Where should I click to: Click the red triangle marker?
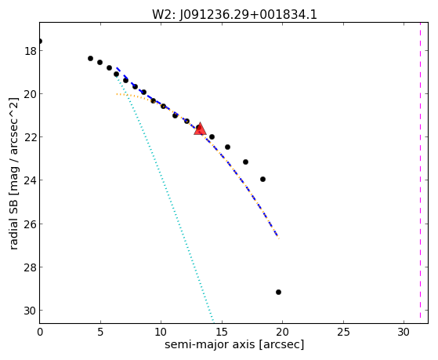click(x=200, y=129)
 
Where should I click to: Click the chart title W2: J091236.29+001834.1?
click(x=234, y=15)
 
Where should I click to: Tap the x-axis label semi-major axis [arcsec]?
click(x=234, y=344)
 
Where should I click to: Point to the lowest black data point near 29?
click(x=278, y=292)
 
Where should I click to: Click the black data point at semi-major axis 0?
click(x=40, y=41)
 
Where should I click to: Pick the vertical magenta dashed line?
click(x=420, y=170)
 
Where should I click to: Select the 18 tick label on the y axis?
click(x=30, y=51)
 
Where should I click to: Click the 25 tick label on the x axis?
click(x=343, y=332)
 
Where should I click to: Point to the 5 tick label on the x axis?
click(x=100, y=332)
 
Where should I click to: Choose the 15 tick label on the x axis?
click(x=222, y=332)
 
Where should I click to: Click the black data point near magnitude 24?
click(x=262, y=179)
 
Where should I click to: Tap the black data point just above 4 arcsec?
click(x=90, y=58)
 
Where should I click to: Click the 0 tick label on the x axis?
click(x=40, y=332)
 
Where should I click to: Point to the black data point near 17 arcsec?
click(x=245, y=162)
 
